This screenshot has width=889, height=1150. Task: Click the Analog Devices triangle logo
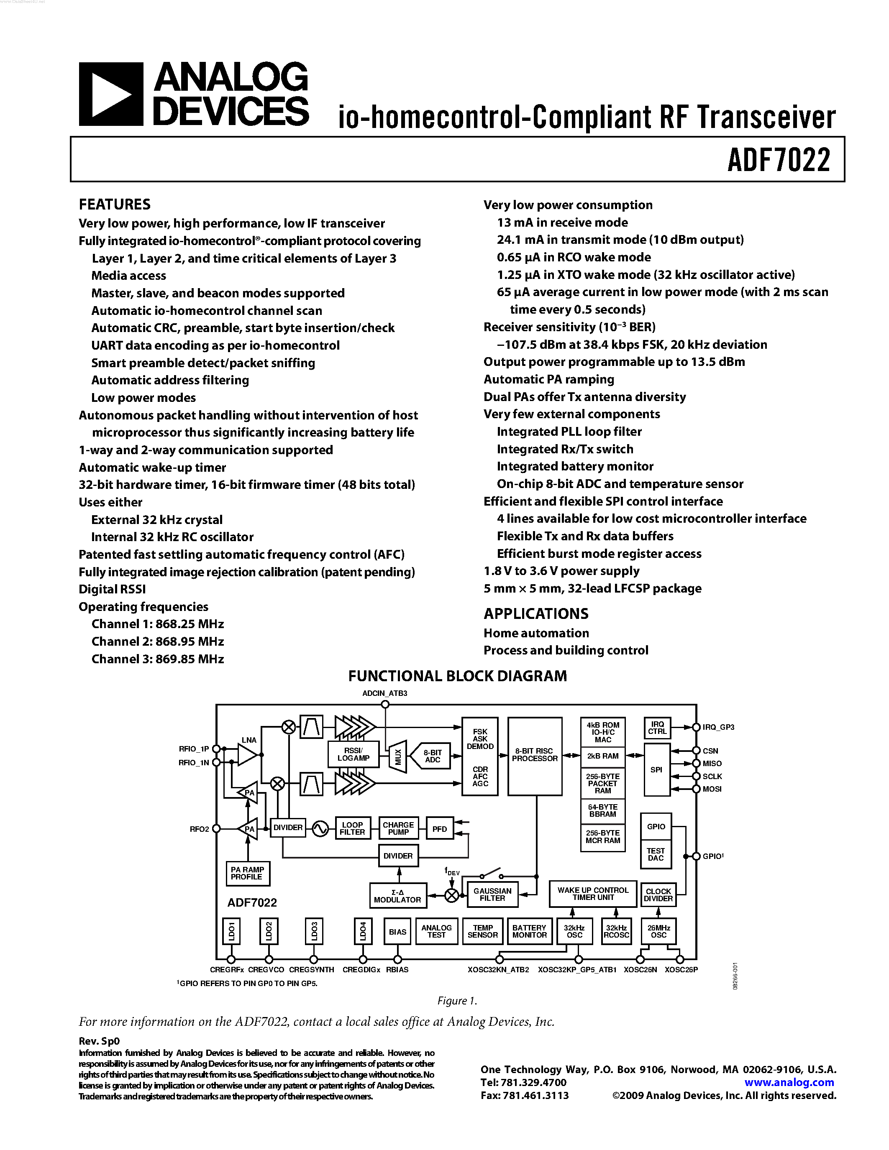(x=110, y=94)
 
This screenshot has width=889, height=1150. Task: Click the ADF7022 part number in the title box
(x=779, y=160)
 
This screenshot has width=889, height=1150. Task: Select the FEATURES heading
(x=114, y=204)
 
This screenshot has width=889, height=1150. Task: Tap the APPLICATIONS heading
(x=535, y=613)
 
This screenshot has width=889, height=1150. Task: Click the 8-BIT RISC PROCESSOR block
(x=535, y=755)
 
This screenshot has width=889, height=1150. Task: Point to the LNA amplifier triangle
(x=248, y=755)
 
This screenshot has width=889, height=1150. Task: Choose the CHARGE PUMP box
(x=398, y=828)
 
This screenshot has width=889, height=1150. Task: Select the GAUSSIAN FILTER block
(x=492, y=894)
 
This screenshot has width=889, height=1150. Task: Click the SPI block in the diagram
(x=656, y=770)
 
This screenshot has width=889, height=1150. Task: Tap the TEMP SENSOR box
(x=482, y=931)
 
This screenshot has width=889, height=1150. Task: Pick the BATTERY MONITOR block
(x=529, y=931)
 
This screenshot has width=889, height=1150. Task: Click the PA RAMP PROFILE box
(x=247, y=873)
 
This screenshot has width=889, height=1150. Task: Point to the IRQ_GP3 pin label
(x=718, y=727)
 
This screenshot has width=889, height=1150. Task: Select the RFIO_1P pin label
(x=194, y=749)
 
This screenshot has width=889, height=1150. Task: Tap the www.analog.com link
(x=789, y=1083)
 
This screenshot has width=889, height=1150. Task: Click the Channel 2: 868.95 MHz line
(x=157, y=641)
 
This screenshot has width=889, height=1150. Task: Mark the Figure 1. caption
(x=456, y=1000)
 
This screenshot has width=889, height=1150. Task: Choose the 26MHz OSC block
(x=658, y=931)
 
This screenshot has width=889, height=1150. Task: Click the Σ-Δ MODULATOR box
(x=397, y=896)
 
